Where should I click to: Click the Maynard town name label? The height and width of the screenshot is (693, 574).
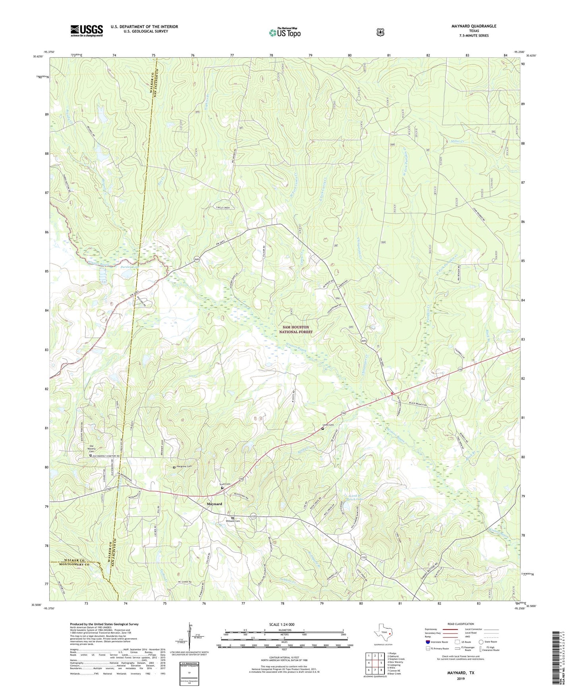pos(214,504)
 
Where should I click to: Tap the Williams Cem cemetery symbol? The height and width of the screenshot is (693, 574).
pos(233,518)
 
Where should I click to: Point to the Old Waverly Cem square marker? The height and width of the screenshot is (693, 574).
pos(90,456)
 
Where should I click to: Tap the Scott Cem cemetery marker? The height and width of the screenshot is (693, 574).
pos(222,488)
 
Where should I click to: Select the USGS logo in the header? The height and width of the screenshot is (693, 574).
pos(87,31)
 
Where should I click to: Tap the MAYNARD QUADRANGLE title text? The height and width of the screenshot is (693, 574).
pos(474,26)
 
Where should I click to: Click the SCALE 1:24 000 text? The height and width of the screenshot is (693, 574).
pos(282,625)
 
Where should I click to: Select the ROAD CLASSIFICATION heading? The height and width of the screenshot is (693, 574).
pos(460,624)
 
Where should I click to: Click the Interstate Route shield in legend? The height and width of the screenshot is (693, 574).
pos(427,642)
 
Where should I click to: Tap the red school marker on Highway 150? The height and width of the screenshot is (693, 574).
pos(392,393)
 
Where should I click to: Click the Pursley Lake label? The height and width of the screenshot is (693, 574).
pos(129,268)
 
